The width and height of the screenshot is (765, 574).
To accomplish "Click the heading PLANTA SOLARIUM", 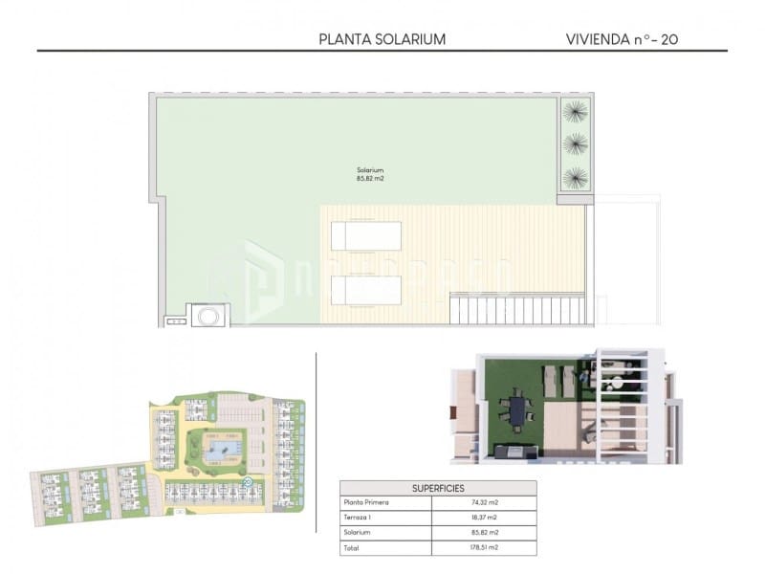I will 382,39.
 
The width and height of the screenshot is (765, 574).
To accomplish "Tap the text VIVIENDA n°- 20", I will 623,39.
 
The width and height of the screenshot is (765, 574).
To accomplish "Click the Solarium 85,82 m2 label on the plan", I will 370,174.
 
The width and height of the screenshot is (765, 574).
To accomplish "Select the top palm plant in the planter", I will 576,112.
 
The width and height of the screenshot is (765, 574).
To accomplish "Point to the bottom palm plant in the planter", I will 576,177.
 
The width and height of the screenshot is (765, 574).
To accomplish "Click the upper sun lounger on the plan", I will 366,235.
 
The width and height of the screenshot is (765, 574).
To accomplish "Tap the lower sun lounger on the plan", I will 366,289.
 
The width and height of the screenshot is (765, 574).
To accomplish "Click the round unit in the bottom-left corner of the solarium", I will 208,315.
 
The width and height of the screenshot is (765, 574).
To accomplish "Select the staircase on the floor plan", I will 515,309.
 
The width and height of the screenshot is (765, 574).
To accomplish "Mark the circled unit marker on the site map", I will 247,482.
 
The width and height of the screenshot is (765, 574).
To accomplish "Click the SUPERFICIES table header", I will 438,488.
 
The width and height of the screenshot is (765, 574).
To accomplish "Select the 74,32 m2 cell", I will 484,502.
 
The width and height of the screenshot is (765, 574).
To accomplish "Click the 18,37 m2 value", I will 484,518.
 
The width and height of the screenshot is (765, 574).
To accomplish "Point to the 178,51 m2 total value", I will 484,548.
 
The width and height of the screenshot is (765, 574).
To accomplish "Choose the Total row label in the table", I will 351,548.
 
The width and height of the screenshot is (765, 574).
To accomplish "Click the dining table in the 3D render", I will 517,410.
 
